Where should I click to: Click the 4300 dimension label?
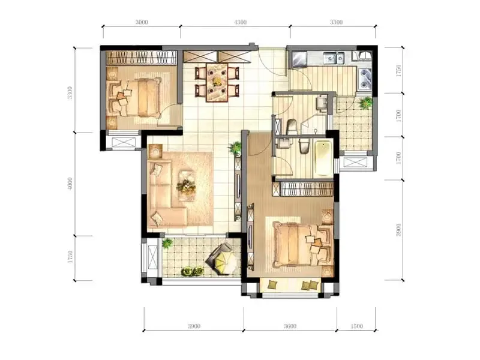point(241,22)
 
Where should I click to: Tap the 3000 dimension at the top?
point(142,22)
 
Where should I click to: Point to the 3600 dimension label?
point(290,326)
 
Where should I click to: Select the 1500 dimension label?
point(356,326)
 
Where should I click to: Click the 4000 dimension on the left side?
point(70,184)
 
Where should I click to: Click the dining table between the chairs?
point(217,82)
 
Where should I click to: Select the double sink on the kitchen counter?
point(334,58)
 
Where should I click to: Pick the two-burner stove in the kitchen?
point(365,79)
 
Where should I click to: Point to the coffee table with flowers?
point(187,185)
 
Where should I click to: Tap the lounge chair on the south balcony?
point(223,259)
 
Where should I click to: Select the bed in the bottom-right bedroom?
point(302,245)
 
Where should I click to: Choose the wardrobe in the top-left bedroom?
point(142,58)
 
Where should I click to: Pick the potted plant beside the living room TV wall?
point(235,148)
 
